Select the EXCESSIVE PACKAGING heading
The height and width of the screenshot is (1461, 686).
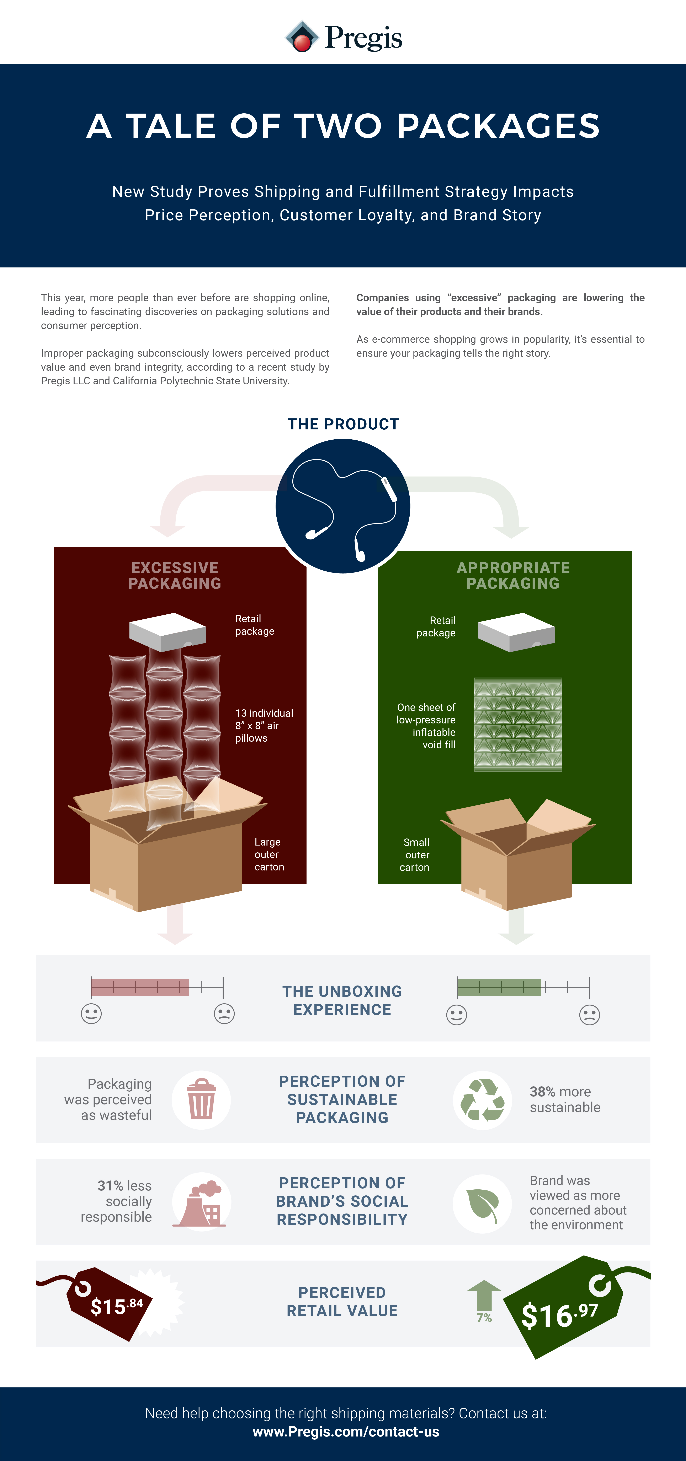coord(175,576)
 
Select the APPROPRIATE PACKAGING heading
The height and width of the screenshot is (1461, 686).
coord(513,576)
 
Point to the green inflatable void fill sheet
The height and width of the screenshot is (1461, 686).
coord(517,724)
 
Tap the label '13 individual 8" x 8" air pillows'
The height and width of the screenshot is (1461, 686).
coord(264,725)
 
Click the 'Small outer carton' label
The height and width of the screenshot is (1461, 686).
coord(415,855)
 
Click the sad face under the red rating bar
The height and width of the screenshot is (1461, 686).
coord(224,1014)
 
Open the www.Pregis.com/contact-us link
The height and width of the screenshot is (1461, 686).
coord(346,1432)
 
